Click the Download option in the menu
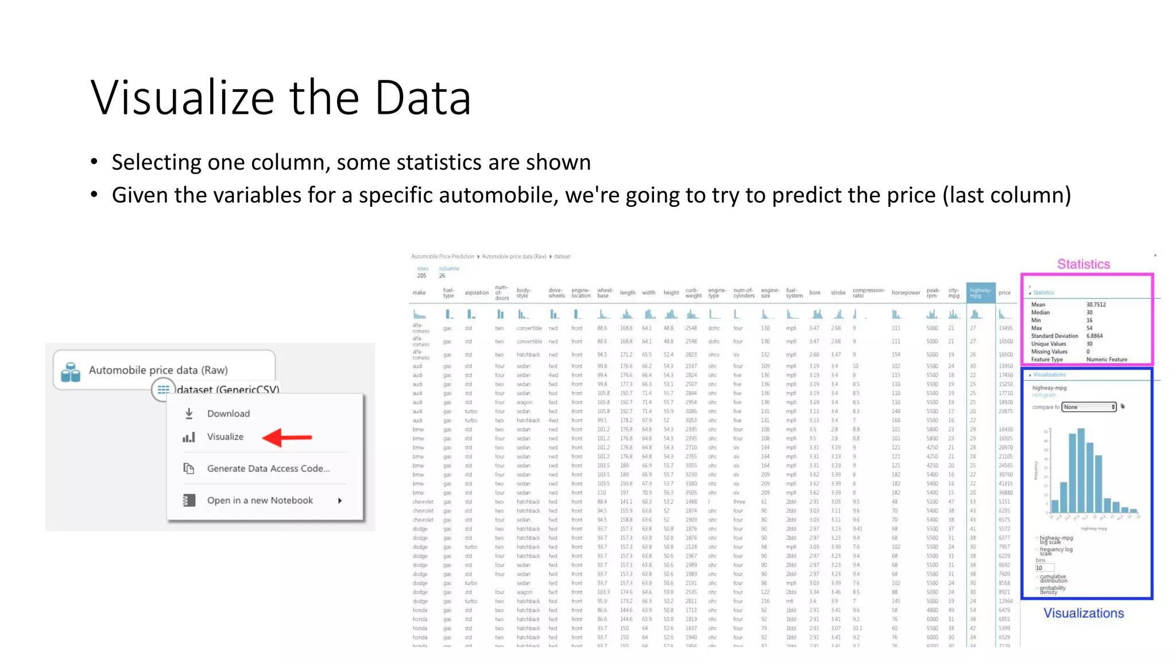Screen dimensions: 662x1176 (228, 414)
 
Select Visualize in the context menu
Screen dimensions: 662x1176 (225, 437)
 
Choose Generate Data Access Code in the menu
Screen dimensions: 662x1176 (268, 468)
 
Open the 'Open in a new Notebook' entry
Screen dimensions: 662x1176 (260, 501)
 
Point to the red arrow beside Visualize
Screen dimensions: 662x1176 (287, 437)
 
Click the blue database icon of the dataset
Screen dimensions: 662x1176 (71, 372)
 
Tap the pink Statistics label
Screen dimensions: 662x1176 (1084, 264)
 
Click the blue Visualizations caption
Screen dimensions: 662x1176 (1084, 613)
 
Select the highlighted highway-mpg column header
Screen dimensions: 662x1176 (980, 292)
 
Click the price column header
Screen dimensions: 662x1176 (1004, 292)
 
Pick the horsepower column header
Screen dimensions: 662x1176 (906, 292)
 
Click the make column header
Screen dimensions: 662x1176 (419, 292)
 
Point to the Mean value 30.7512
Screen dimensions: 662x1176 (1096, 305)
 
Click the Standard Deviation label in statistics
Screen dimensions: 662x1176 (1054, 336)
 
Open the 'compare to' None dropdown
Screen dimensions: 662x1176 (1089, 407)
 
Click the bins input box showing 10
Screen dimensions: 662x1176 (1045, 568)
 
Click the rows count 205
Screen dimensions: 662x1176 (421, 276)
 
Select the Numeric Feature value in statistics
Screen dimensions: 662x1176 (1107, 360)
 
